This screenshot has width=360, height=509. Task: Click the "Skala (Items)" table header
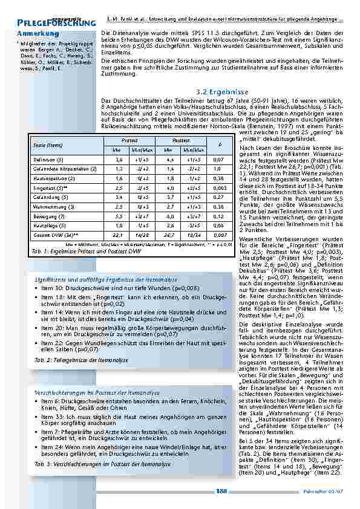46,145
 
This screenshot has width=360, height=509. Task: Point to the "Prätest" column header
129,140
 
